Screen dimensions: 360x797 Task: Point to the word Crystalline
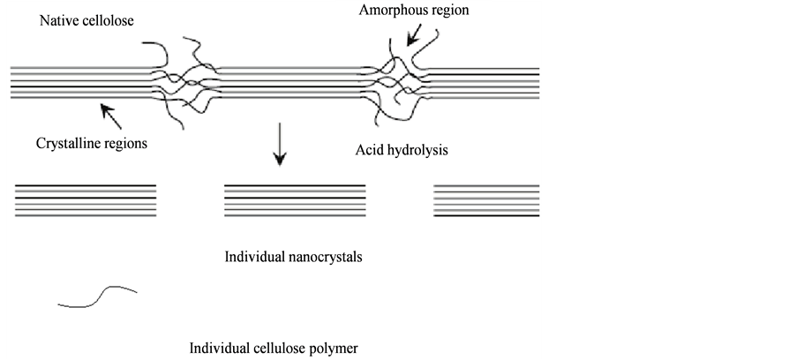[67, 143]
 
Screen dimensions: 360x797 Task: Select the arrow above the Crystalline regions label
[110, 114]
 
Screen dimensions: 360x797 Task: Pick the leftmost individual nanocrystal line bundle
[86, 200]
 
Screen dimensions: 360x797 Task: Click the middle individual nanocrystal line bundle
[295, 200]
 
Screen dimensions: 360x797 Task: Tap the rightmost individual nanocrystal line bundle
[486, 200]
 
